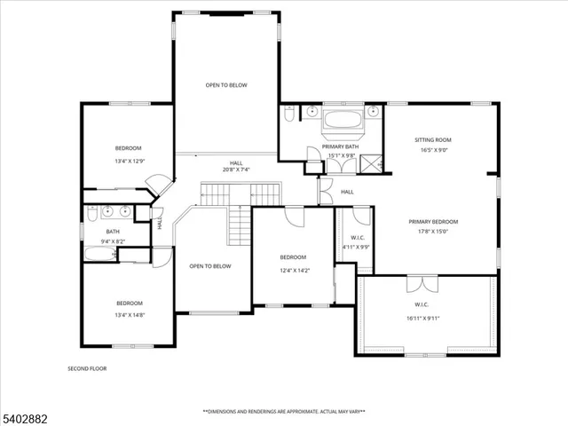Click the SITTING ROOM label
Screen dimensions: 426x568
click(x=433, y=139)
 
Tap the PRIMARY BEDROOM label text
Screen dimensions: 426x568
click(x=433, y=221)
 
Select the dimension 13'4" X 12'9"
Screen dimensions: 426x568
click(x=128, y=162)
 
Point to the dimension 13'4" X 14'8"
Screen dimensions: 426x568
click(x=128, y=315)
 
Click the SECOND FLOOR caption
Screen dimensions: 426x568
click(x=87, y=367)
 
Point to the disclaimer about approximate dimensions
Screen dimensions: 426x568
click(x=283, y=411)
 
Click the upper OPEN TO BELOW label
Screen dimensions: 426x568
click(x=226, y=85)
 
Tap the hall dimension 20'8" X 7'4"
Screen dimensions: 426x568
click(x=236, y=170)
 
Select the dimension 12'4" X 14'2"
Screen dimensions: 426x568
click(x=294, y=271)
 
